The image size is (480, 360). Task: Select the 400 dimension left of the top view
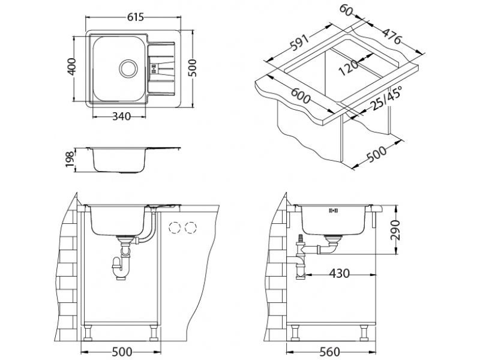pos(71,68)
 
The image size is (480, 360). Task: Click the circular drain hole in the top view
pos(128,67)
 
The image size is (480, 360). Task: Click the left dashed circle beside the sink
pos(176,227)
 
